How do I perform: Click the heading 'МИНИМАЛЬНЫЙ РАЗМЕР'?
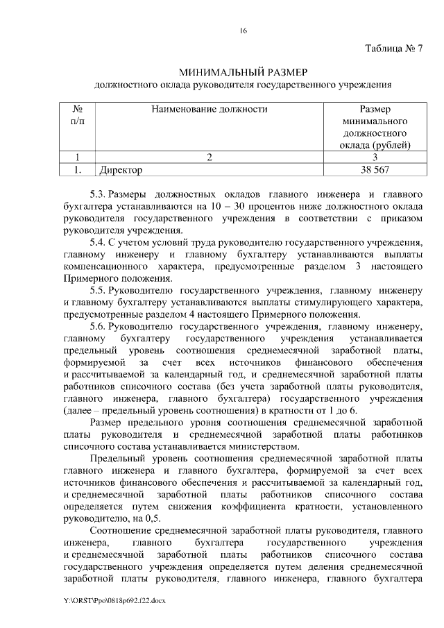242,71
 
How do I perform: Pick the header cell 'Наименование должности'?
209,109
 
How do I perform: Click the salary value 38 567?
375,169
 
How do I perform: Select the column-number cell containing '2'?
209,157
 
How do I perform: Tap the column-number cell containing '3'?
375,157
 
